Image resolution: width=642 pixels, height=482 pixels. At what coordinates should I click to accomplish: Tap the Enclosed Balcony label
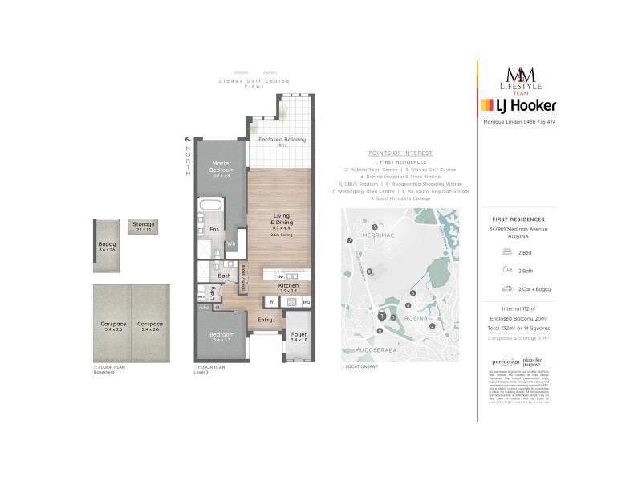pyautogui.click(x=272, y=140)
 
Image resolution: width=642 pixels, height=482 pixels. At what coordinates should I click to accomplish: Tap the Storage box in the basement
pyautogui.click(x=144, y=226)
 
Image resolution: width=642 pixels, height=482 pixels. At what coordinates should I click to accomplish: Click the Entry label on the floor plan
pyautogui.click(x=264, y=320)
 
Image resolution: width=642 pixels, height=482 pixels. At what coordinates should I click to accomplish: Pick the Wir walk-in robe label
pyautogui.click(x=230, y=243)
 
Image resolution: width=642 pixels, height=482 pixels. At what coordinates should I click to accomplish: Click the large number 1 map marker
pyautogui.click(x=382, y=316)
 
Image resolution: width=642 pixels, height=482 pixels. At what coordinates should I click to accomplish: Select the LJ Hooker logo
pyautogui.click(x=518, y=105)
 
